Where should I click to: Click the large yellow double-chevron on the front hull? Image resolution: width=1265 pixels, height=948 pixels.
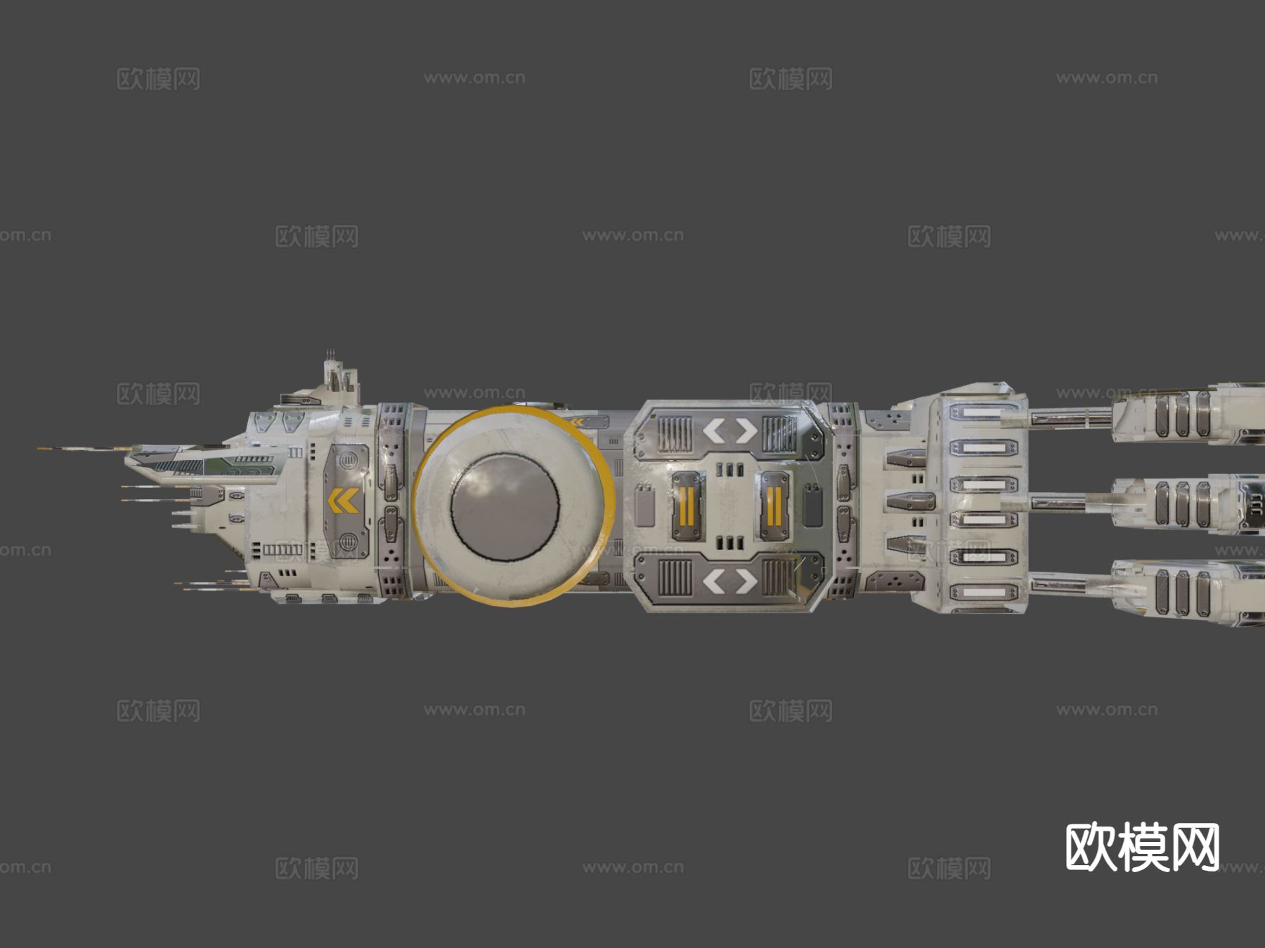pos(344,501)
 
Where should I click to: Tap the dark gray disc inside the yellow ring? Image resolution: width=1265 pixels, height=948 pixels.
pos(505,506)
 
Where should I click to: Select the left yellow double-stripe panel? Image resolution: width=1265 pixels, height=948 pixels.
pos(687,507)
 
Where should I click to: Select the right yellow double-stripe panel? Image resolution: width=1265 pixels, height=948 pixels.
pos(773,507)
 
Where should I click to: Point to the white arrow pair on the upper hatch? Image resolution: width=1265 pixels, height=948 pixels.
pos(731,430)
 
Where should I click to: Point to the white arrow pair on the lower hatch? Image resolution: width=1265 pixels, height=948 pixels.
pos(731,581)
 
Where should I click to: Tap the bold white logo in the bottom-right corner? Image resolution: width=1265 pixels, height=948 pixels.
pos(1142,847)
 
